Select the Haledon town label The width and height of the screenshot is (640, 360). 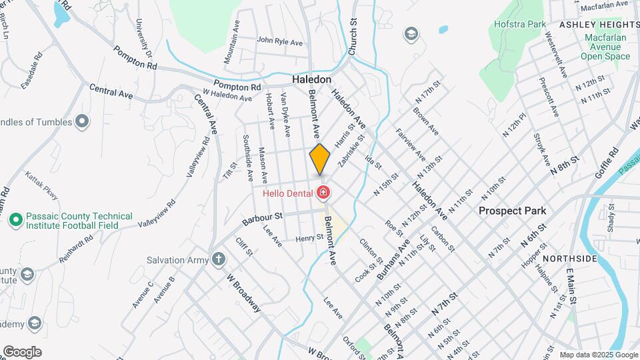311,79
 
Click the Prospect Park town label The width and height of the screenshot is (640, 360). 513,211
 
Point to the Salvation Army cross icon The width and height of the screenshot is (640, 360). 219,259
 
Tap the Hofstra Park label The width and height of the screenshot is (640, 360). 520,24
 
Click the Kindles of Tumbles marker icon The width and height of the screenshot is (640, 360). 82,121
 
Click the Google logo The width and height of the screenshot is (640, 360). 22,351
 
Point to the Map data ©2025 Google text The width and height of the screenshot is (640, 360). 598,355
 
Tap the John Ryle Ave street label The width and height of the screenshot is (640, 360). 280,41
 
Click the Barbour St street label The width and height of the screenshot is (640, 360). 263,216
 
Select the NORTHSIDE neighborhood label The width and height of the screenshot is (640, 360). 569,258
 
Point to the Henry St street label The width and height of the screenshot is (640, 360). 309,237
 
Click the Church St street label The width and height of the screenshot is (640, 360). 353,37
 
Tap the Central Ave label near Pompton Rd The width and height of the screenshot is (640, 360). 111,93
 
